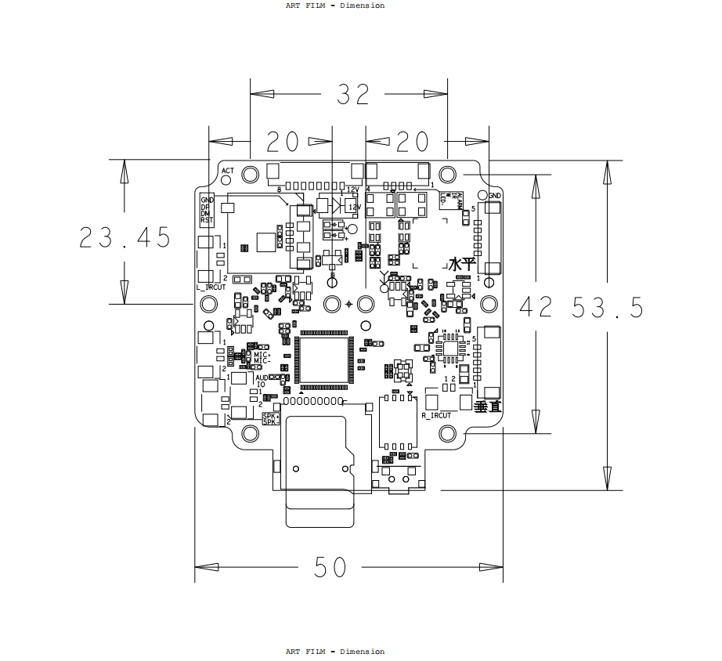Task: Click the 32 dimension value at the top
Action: (352, 95)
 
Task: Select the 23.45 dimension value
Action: (125, 237)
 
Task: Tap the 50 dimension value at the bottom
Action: (330, 568)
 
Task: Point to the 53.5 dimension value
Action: (608, 308)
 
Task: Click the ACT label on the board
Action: (228, 170)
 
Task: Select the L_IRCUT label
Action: (211, 287)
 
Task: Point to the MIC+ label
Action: (262, 355)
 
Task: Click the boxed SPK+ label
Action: (269, 416)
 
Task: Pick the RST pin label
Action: (207, 221)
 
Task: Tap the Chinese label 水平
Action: (462, 264)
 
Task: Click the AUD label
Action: (262, 377)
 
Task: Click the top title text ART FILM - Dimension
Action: (335, 5)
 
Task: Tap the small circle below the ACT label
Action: (251, 173)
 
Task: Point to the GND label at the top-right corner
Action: (495, 196)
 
